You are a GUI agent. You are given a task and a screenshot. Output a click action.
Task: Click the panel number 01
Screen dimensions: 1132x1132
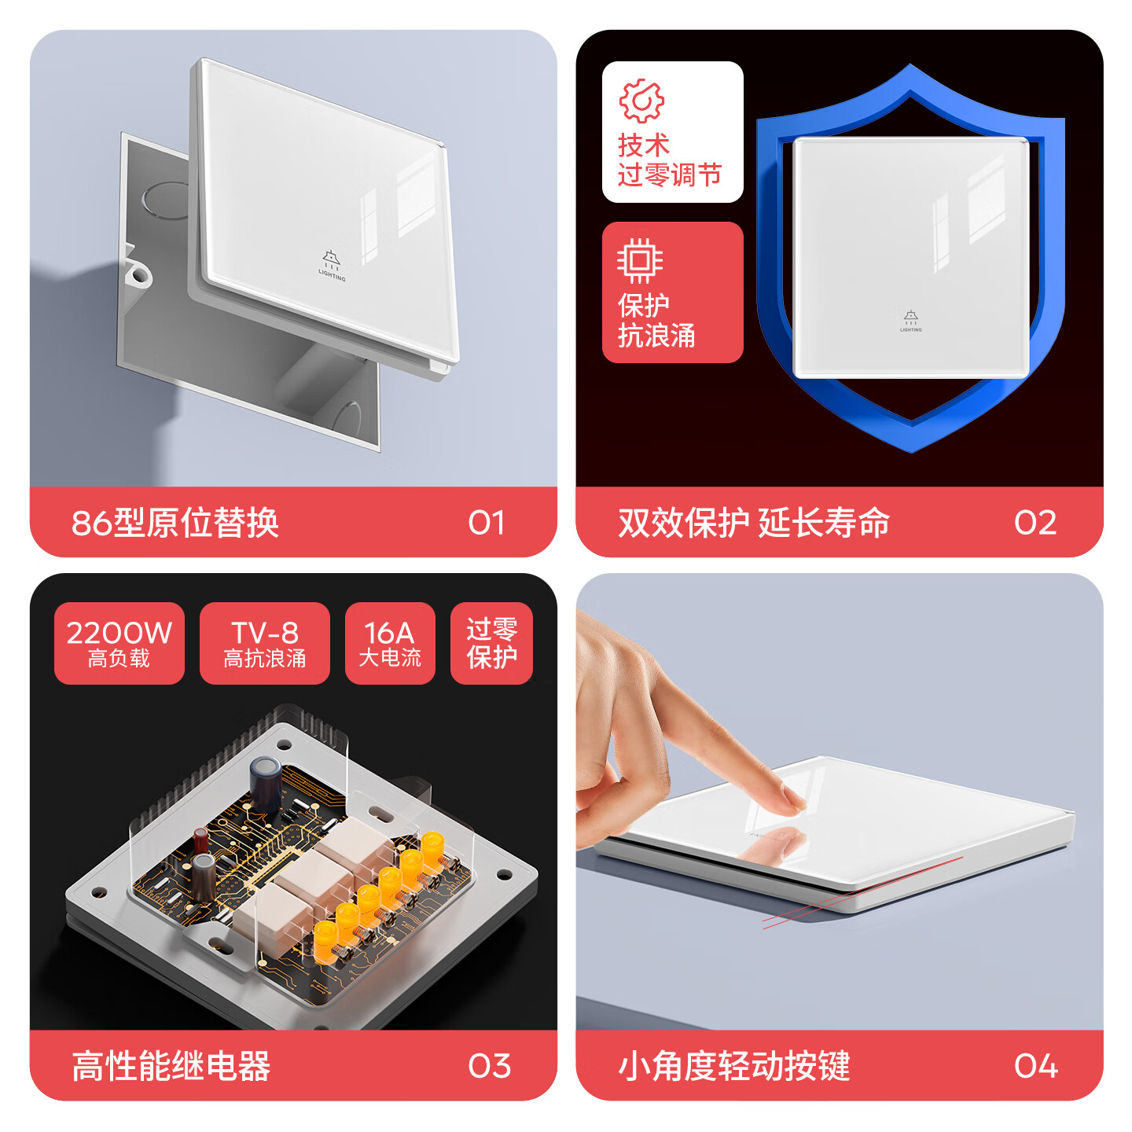pyautogui.click(x=486, y=523)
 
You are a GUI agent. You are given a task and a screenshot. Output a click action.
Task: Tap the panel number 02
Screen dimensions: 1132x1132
pyautogui.click(x=1035, y=523)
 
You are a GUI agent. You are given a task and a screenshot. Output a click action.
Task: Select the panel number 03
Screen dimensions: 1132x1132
pyautogui.click(x=489, y=1066)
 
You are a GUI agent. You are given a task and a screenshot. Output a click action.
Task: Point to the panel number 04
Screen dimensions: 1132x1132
pyautogui.click(x=1035, y=1066)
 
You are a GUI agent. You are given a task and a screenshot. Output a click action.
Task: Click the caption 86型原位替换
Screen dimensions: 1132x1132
pyautogui.click(x=175, y=523)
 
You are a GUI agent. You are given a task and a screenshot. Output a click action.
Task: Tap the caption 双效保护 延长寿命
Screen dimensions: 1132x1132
pyautogui.click(x=754, y=523)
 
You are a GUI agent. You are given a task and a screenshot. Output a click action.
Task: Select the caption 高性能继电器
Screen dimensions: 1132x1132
pyautogui.click(x=171, y=1066)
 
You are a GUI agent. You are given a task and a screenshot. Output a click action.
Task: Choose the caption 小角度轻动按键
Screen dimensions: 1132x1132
pyautogui.click(x=734, y=1066)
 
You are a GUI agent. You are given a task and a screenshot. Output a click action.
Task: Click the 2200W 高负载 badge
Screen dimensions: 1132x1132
pyautogui.click(x=119, y=643)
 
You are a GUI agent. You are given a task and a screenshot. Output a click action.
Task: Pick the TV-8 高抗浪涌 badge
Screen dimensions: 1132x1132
pyautogui.click(x=265, y=643)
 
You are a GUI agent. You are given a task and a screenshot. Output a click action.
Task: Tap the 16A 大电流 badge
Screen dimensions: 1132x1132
pyautogui.click(x=390, y=643)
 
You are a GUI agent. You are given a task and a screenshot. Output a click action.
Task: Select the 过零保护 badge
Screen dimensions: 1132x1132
pyautogui.click(x=491, y=643)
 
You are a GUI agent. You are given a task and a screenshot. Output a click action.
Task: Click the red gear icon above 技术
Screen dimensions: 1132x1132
pyautogui.click(x=641, y=101)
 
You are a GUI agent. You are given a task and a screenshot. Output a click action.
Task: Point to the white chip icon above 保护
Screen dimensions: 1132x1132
pyautogui.click(x=640, y=260)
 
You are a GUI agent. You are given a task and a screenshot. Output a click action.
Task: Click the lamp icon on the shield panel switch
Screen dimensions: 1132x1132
pyautogui.click(x=910, y=318)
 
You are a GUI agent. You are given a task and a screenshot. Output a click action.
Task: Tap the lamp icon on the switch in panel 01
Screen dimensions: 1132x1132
pyautogui.click(x=332, y=260)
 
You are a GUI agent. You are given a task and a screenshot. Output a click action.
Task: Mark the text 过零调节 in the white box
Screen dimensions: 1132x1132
pyautogui.click(x=670, y=175)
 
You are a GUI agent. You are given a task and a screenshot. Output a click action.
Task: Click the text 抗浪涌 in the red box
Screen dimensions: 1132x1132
pyautogui.click(x=656, y=336)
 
